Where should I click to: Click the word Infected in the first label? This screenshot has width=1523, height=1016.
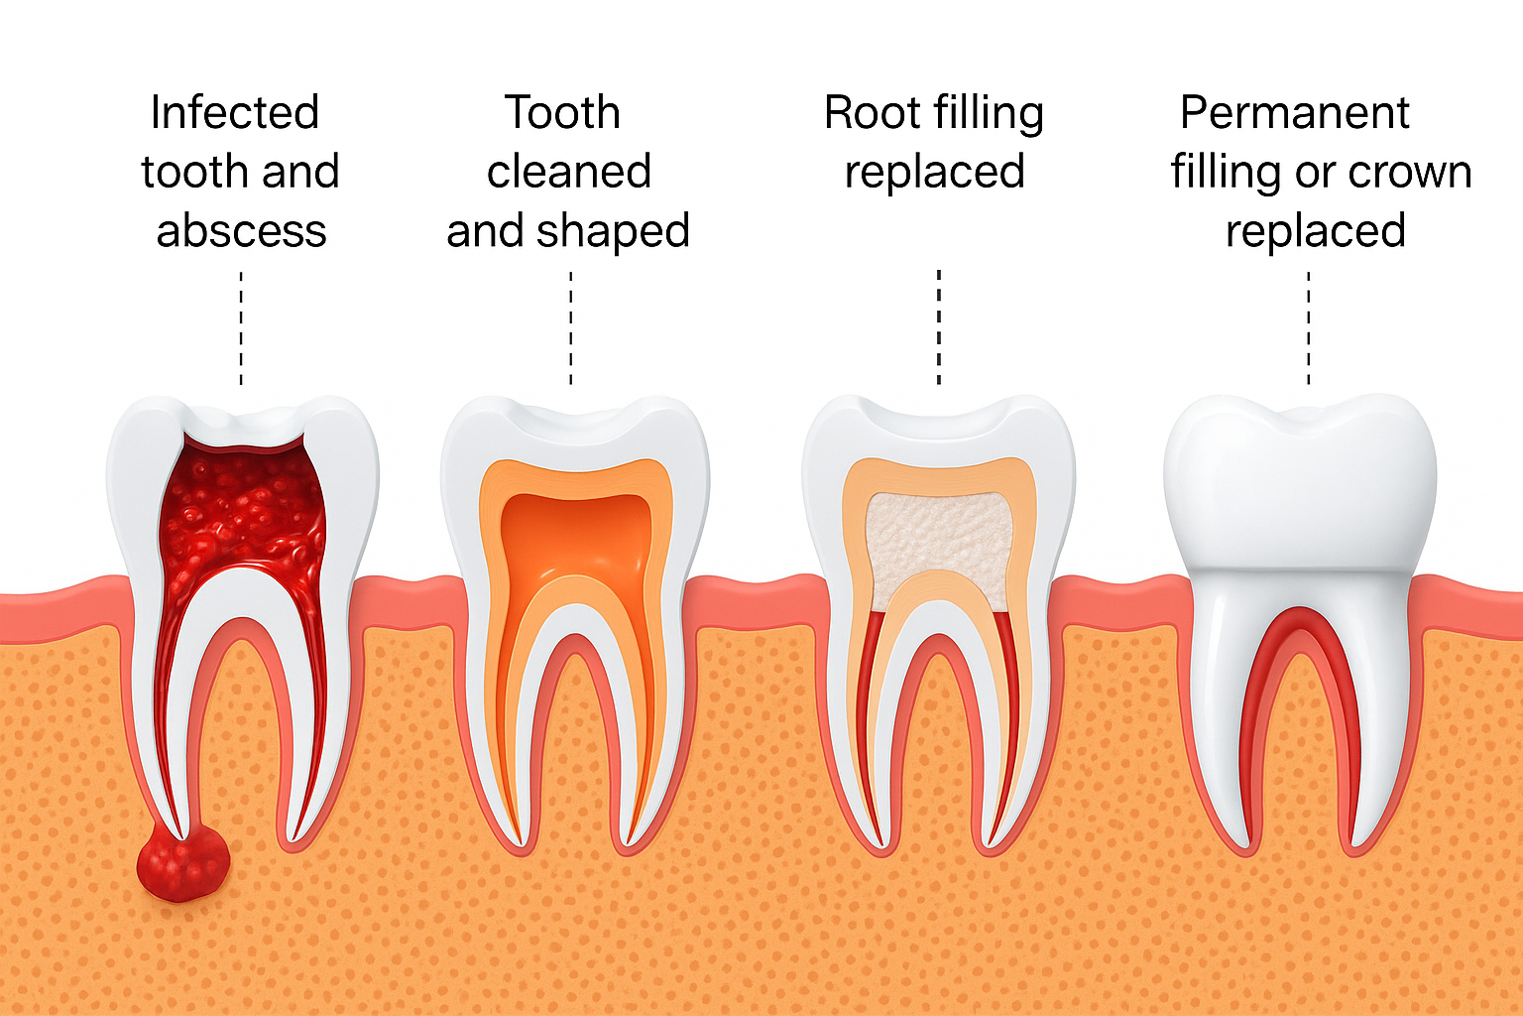pos(235,113)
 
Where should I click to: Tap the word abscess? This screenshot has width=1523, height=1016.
pos(241,231)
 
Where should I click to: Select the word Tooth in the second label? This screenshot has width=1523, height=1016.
pos(562,113)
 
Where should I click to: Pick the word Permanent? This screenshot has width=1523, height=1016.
pos(1294,113)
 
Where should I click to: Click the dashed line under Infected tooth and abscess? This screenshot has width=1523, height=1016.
pos(241,327)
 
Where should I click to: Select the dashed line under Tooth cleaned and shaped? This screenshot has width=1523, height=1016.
pos(571,327)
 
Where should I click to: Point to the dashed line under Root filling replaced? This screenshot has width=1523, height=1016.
pos(938,327)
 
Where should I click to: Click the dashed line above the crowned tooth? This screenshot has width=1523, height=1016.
pos(1309,327)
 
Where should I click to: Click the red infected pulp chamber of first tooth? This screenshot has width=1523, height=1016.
pos(242,516)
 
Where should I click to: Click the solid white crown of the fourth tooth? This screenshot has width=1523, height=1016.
pos(1299,486)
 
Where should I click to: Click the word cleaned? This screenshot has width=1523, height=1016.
pos(568,173)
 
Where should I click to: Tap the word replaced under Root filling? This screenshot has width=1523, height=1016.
pos(934,173)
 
